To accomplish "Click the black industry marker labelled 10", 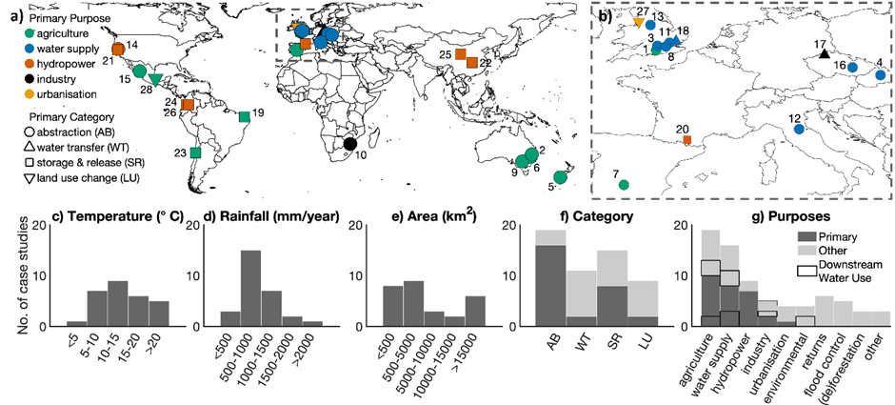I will click(x=349, y=144).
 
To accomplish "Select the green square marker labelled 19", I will click(x=245, y=117).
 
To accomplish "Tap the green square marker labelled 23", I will click(x=195, y=152).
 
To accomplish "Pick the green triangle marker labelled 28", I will click(x=156, y=80).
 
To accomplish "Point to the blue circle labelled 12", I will click(x=799, y=129).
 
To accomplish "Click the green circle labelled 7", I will click(x=624, y=185).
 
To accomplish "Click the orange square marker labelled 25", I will click(x=460, y=55).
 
